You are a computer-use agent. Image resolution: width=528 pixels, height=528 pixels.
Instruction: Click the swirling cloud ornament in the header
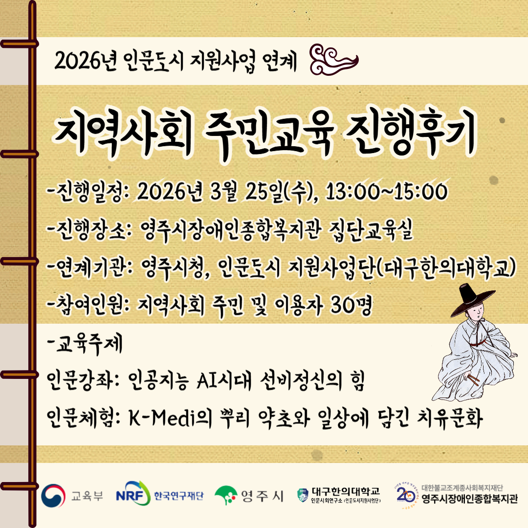click(x=333, y=60)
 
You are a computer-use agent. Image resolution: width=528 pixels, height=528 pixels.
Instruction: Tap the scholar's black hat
click(x=471, y=300)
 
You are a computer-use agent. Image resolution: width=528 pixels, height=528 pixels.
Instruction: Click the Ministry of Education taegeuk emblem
click(x=53, y=495)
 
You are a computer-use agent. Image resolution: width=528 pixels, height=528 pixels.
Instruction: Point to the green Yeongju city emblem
click(x=225, y=495)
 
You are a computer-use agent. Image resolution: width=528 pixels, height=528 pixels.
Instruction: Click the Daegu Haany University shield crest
click(x=303, y=495)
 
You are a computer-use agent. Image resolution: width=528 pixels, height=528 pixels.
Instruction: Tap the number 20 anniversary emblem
click(x=406, y=495)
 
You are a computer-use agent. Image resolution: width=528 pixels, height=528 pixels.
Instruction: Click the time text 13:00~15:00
click(x=387, y=192)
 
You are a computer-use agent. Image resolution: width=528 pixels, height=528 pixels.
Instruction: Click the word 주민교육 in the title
click(x=268, y=135)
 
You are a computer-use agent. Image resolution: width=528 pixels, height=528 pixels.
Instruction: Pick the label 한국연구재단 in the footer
click(x=179, y=496)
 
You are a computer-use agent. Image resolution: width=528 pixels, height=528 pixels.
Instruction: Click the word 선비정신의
click(x=301, y=381)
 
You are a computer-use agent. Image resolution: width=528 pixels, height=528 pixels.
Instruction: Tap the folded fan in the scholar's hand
click(x=472, y=379)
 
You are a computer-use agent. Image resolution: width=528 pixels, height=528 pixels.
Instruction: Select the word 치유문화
click(x=450, y=418)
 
